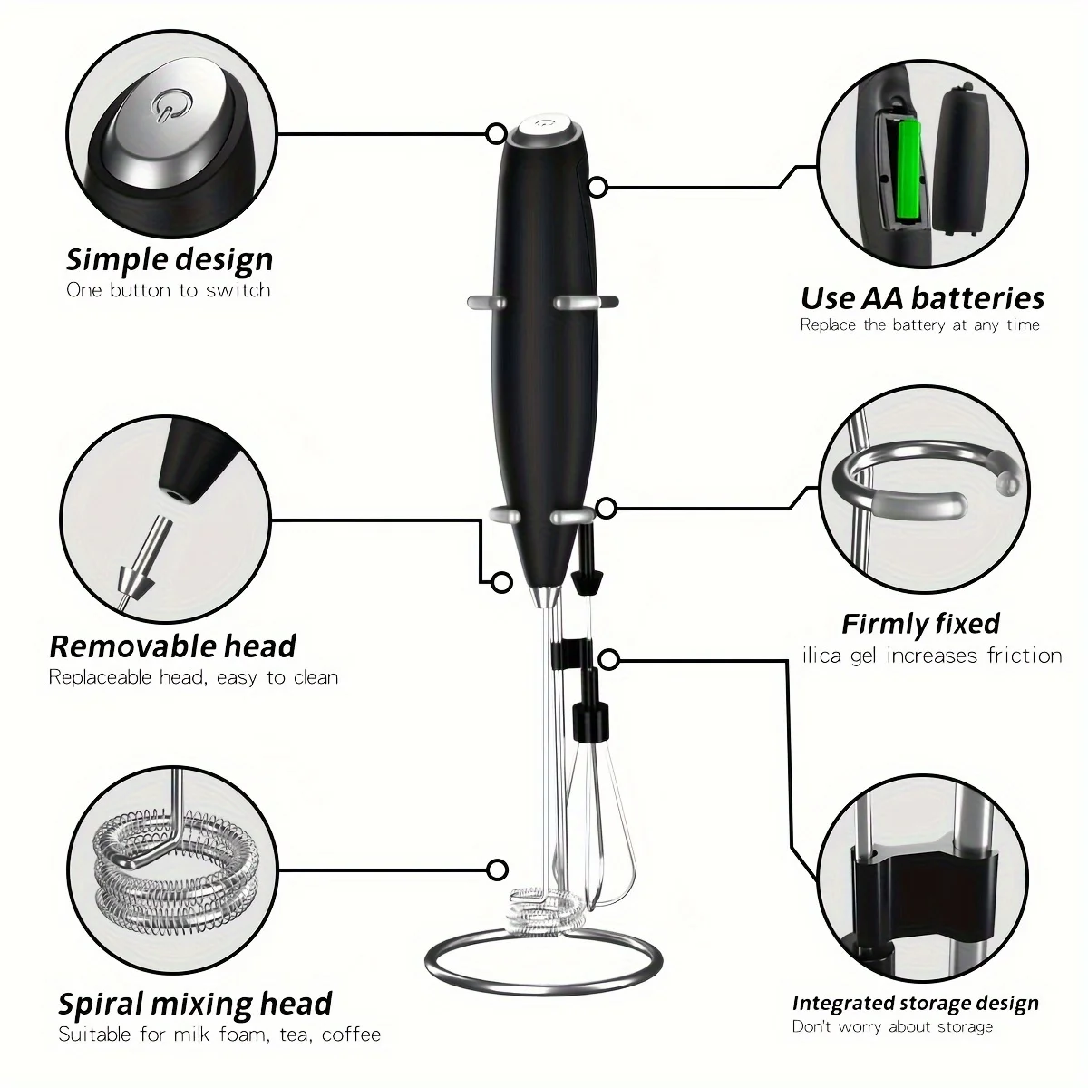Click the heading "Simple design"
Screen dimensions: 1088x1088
click(x=170, y=259)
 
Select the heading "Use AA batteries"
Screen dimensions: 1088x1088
click(x=922, y=297)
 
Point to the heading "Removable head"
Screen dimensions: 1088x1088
click(x=172, y=646)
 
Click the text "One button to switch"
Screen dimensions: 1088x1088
click(x=169, y=290)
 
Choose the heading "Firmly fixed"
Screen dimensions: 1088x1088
click(x=920, y=624)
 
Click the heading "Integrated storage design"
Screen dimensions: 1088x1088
click(x=915, y=1003)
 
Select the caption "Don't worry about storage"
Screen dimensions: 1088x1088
click(x=892, y=1026)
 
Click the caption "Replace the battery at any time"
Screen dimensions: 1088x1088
click(x=919, y=325)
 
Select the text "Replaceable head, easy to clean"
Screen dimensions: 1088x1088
click(x=193, y=677)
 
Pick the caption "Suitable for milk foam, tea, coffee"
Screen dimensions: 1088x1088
click(x=219, y=1035)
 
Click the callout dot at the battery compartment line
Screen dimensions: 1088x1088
click(x=597, y=187)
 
